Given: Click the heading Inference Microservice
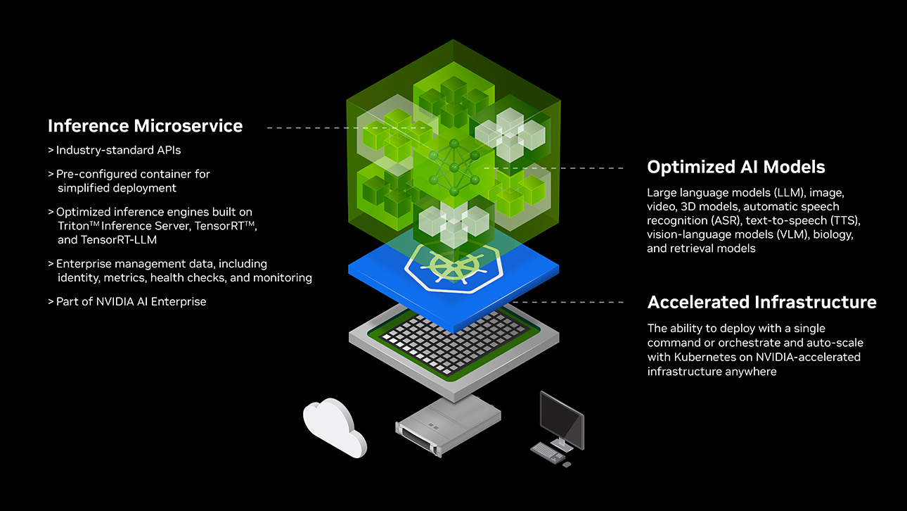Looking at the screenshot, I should click(145, 126).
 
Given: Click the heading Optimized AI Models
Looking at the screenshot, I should click(735, 167).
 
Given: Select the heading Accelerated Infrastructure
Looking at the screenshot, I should click(761, 302).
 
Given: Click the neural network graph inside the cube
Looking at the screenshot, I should click(453, 168).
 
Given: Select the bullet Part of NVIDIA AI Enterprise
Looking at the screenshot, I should click(131, 301).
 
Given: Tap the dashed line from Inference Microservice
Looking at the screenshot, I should click(337, 128).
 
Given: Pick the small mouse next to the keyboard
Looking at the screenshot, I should click(567, 464).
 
